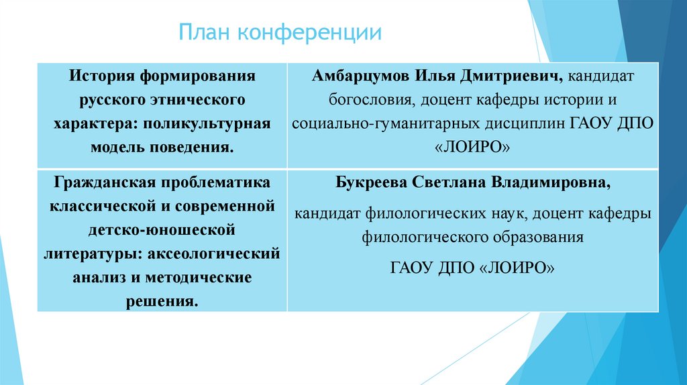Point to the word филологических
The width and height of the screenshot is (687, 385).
[424, 213]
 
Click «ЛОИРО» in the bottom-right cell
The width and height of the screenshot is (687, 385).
[518, 267]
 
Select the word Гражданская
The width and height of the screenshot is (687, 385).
[101, 182]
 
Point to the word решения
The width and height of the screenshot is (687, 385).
[162, 300]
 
